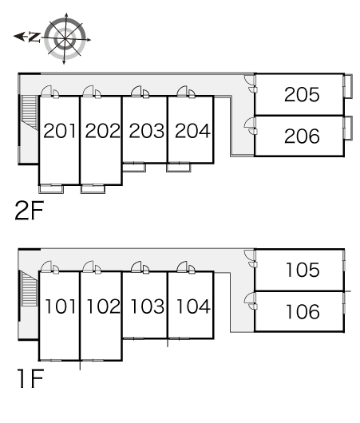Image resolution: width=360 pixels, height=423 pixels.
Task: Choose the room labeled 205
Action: pyautogui.click(x=302, y=96)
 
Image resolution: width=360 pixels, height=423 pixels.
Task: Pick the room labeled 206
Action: pyautogui.click(x=302, y=136)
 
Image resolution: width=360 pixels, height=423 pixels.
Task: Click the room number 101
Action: pyautogui.click(x=60, y=305)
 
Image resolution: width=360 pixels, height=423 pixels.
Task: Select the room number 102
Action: pyautogui.click(x=101, y=305)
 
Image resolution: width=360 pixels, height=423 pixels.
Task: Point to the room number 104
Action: pyautogui.click(x=192, y=305)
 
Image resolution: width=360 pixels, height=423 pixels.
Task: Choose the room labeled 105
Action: pyautogui.click(x=302, y=271)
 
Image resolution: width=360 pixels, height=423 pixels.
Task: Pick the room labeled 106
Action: pyautogui.click(x=302, y=311)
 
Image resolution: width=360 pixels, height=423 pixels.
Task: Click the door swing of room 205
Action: pyautogui.click(x=251, y=83)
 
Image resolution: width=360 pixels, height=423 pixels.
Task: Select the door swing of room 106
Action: pyautogui.click(x=251, y=299)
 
